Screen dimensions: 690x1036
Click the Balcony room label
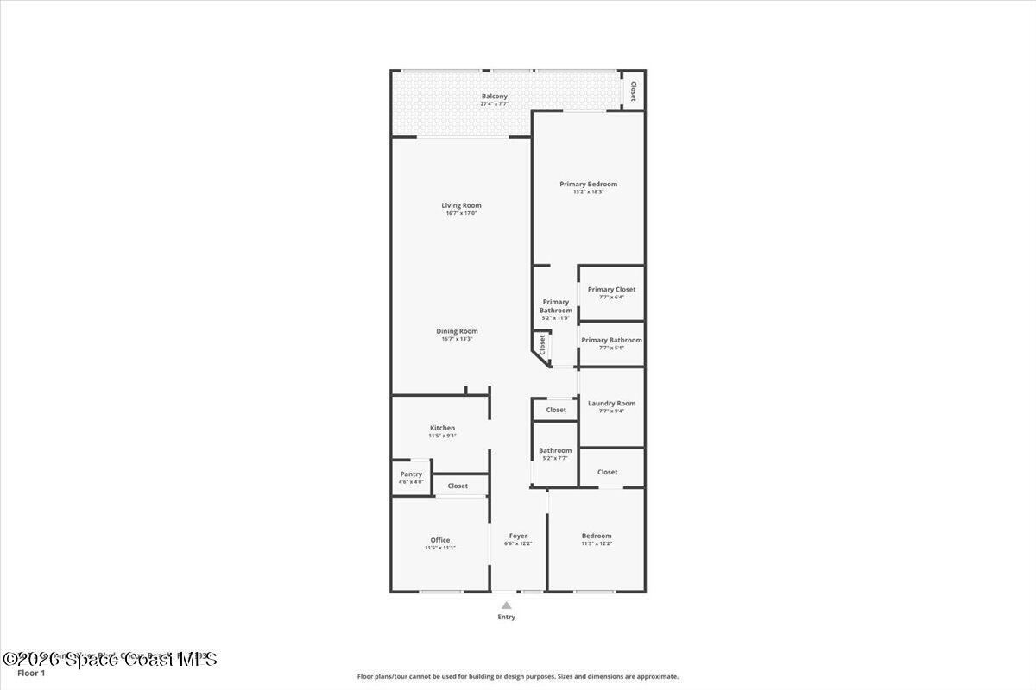tap(495, 97)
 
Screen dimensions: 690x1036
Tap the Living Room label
tap(461, 205)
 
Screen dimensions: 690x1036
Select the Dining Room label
tap(457, 331)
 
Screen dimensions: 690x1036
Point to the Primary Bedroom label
tap(588, 184)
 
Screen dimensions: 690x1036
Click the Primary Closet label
tap(611, 290)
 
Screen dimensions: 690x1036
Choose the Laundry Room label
tap(611, 404)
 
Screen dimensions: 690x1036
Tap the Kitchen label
tap(442, 428)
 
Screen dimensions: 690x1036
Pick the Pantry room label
tap(411, 474)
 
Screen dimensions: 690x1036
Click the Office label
tap(440, 540)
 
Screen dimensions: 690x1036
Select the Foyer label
tap(518, 536)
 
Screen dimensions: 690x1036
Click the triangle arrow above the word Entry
tap(506, 605)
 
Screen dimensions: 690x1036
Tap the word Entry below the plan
tap(506, 617)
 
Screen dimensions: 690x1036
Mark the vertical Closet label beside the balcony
tap(633, 91)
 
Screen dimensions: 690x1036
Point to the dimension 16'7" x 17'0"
tap(461, 213)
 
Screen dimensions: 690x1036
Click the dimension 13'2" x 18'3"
tap(588, 191)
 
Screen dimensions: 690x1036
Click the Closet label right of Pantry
tap(458, 486)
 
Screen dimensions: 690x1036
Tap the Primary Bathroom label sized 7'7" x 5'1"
tap(611, 340)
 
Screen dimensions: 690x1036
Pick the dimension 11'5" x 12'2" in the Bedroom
tap(596, 543)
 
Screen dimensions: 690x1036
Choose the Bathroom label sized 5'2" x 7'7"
tap(555, 450)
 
